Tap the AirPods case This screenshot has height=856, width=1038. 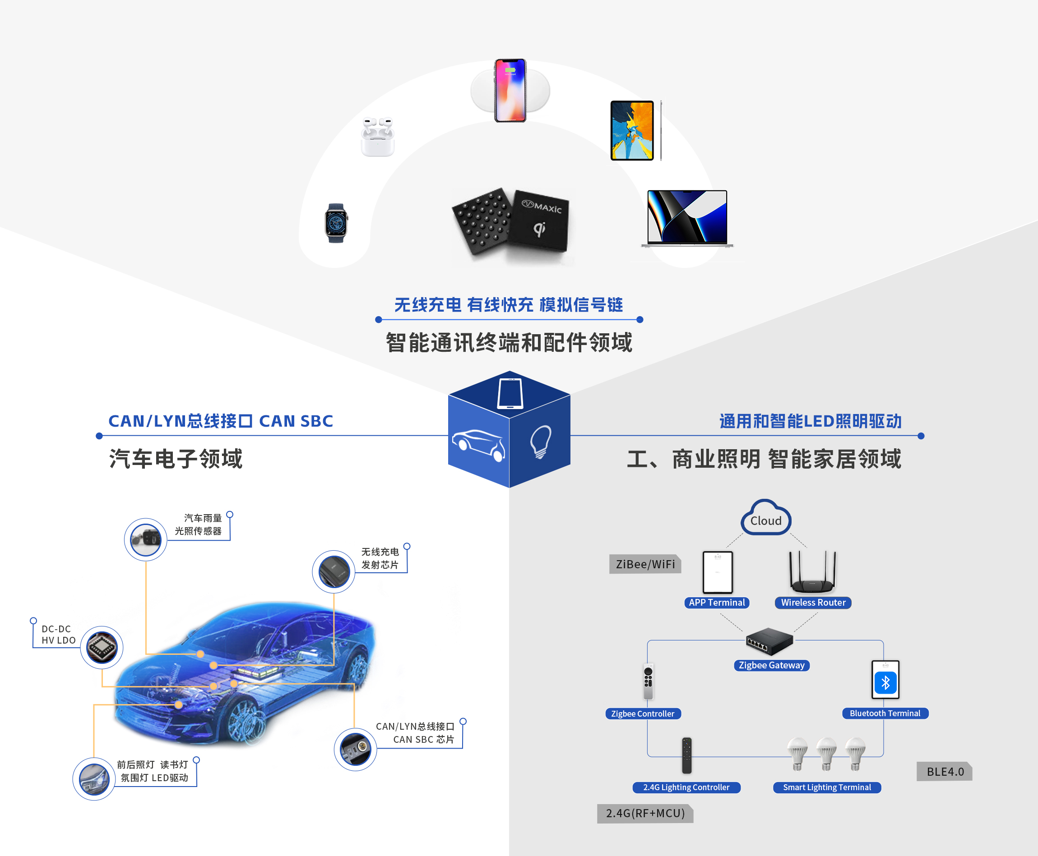(378, 137)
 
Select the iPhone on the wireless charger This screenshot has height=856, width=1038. (510, 90)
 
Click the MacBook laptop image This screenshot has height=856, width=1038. (687, 218)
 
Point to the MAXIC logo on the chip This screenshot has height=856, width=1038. (542, 207)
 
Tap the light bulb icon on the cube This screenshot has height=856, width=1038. (540, 442)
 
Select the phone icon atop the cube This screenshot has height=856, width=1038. (510, 393)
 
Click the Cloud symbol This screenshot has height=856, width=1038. (766, 518)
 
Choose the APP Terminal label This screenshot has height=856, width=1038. (717, 603)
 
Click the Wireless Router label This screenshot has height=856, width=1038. (813, 603)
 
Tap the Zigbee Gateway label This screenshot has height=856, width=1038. (772, 665)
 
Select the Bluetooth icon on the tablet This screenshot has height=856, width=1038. (885, 683)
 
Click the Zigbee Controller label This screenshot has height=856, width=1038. (643, 713)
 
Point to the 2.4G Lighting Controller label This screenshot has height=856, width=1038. (686, 787)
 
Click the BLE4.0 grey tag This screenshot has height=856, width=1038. (944, 772)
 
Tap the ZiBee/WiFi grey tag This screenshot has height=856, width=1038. (645, 564)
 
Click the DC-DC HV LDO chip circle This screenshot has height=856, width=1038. (102, 648)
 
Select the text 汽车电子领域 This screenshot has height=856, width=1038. (176, 459)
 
